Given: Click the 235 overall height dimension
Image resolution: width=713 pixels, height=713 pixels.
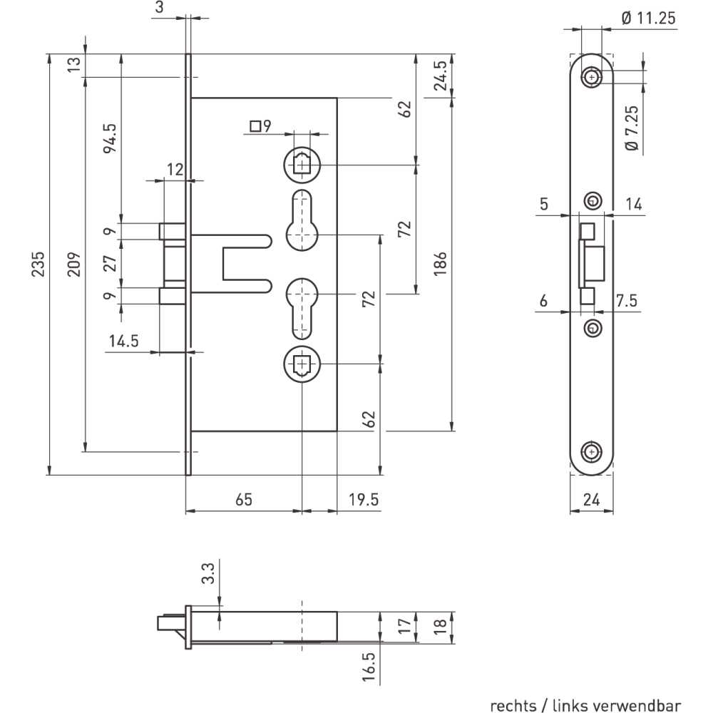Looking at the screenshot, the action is pos(38,264).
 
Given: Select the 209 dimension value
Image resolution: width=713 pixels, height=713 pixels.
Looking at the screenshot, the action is pos(73,264).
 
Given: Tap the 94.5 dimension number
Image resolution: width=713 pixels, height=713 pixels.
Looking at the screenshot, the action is pos(110,139).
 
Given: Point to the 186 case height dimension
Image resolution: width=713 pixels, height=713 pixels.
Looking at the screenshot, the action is pos(440,264).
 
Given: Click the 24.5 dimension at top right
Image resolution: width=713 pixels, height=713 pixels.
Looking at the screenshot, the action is pos(440,76).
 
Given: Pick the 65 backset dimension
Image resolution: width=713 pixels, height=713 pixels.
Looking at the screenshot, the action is pos(244,499).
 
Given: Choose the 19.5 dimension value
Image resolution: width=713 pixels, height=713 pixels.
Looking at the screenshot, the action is pos(364,499).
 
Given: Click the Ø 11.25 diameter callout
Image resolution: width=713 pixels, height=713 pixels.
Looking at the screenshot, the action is pos(649,19).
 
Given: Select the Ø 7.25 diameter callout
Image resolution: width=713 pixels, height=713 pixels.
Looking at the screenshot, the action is pos(632,128).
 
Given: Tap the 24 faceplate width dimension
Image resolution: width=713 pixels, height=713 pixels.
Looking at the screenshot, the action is pos(592,500).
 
